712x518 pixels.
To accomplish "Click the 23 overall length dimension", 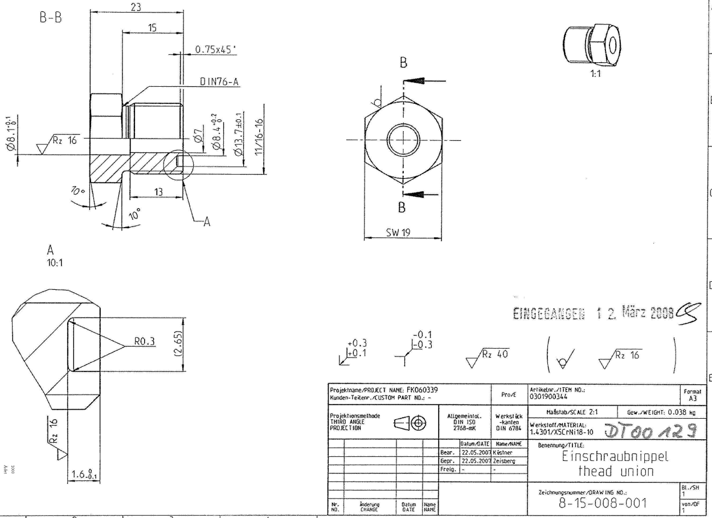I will [x=136, y=6].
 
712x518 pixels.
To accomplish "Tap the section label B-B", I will [x=51, y=17].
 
